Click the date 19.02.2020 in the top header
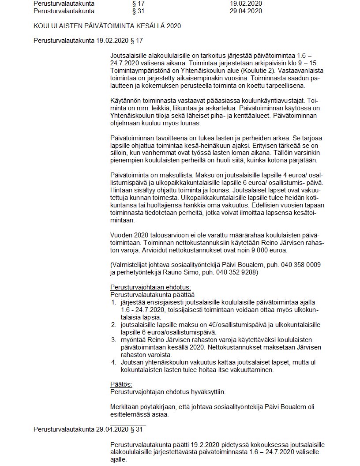pyautogui.click(x=245, y=4)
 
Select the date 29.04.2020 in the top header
pyautogui.click(x=245, y=11)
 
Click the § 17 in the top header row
pyautogui.click(x=138, y=4)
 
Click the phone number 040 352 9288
pyautogui.click(x=236, y=273)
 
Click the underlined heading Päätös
pyautogui.click(x=121, y=384)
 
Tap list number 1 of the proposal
pyautogui.click(x=113, y=302)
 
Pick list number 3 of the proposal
pyautogui.click(x=113, y=340)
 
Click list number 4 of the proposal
pyautogui.click(x=113, y=362)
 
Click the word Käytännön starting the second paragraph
pyautogui.click(x=126, y=101)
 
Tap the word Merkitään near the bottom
pyautogui.click(x=124, y=407)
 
